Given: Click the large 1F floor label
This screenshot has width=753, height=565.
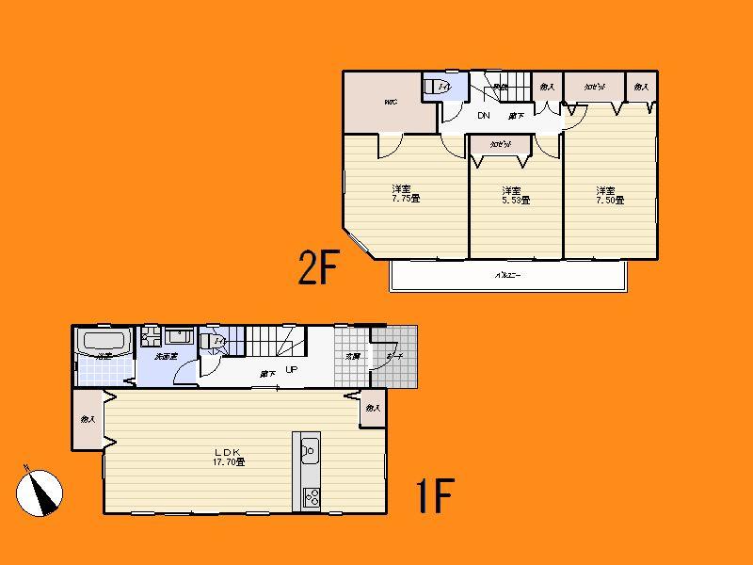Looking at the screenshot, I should [x=434, y=496].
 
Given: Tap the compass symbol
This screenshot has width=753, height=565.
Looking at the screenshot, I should [x=39, y=491].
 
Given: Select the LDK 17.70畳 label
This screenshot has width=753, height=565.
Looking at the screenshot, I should [x=228, y=457].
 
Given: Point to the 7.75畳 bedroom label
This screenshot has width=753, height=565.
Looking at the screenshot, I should [x=406, y=193].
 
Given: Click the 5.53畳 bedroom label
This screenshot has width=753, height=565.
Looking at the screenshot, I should [x=515, y=194].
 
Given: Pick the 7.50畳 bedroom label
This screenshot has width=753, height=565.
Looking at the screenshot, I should [x=610, y=194].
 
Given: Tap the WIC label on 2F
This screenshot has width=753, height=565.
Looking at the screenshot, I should [x=390, y=102].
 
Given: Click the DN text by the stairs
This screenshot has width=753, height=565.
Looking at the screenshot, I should [x=484, y=116].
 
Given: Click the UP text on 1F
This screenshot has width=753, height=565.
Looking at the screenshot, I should [x=292, y=370].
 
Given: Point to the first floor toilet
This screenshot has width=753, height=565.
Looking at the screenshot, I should [x=215, y=341].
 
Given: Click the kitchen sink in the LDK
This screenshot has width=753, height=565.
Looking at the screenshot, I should [x=309, y=451].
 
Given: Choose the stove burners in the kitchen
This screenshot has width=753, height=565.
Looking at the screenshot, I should [x=309, y=497].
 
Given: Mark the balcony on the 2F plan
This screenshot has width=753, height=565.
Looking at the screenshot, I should [x=508, y=276].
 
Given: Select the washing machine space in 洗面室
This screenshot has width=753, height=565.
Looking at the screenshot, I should [x=151, y=337].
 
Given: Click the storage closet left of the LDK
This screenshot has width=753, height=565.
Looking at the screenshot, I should [x=88, y=419].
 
